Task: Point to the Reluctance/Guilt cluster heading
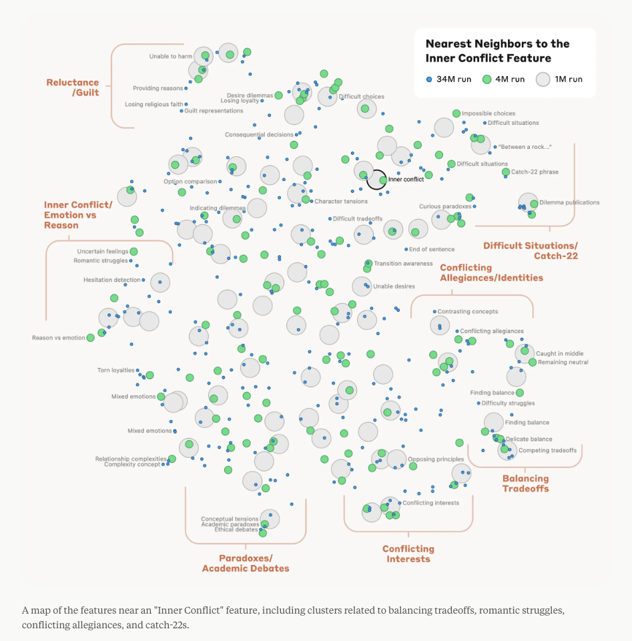[73, 87]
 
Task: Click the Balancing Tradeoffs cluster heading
[525, 483]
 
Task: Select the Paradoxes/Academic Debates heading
[246, 563]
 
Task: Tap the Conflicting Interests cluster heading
[408, 554]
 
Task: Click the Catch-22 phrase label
[535, 172]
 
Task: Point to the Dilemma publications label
[569, 202]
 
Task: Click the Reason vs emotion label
[59, 338]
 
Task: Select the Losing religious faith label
[153, 104]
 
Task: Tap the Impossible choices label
[489, 114]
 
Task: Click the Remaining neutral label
[563, 362]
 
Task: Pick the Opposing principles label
[436, 459]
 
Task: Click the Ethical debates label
[236, 529]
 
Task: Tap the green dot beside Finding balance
[520, 393]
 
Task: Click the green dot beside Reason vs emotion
[91, 338]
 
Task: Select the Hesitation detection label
[112, 280]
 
